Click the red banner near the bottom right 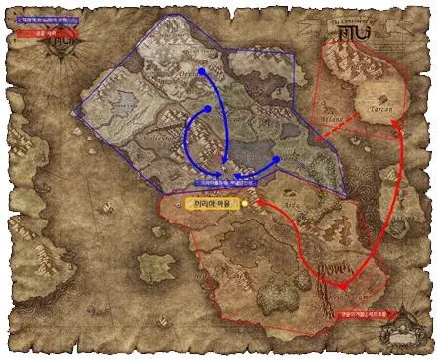pos(361,314)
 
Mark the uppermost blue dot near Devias pos(202,71)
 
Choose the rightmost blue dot pos(277,159)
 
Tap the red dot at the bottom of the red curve pos(342,285)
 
